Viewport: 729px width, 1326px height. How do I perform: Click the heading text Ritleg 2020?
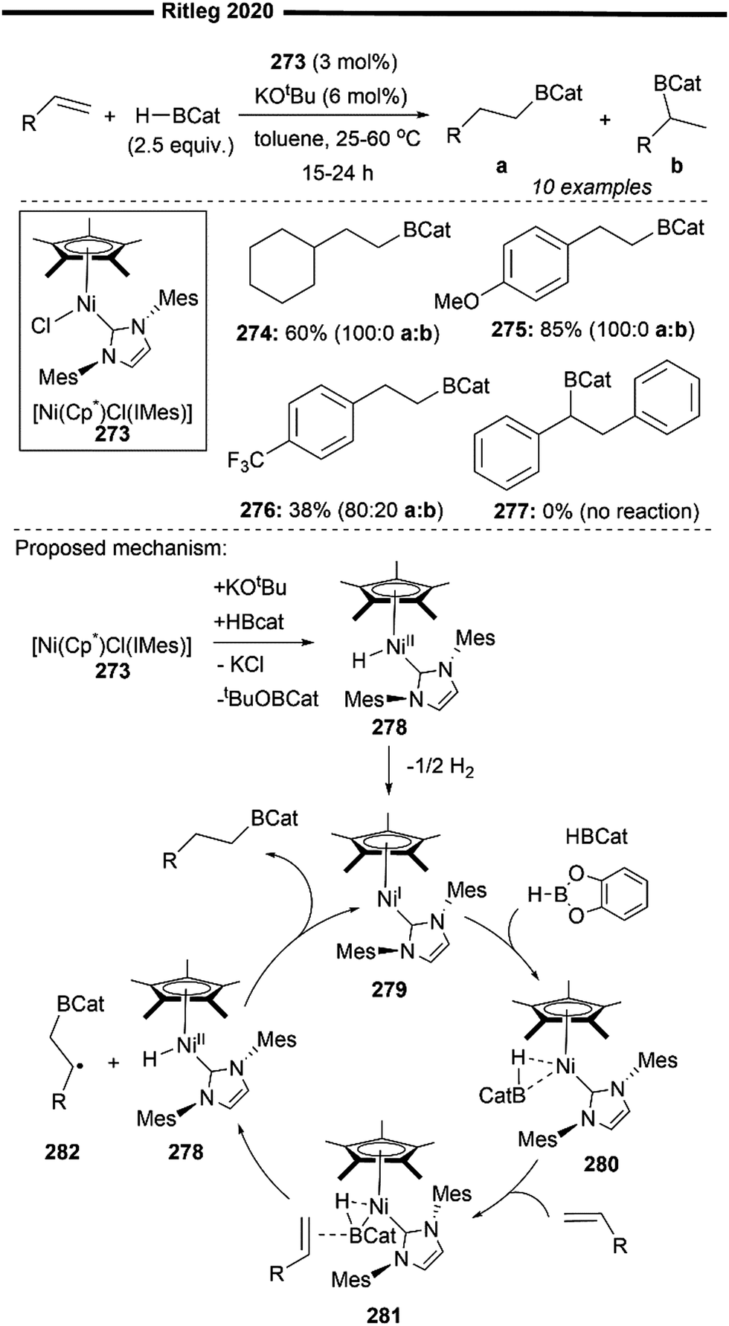pyautogui.click(x=217, y=11)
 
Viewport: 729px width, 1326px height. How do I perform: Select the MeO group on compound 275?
pyautogui.click(x=456, y=300)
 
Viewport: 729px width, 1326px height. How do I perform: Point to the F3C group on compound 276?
pyautogui.click(x=246, y=460)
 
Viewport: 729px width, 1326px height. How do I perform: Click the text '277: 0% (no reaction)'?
pyautogui.click(x=596, y=511)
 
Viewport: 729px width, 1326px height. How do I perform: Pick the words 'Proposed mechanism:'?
pyautogui.click(x=121, y=548)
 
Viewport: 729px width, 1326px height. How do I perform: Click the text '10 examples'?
pyautogui.click(x=591, y=187)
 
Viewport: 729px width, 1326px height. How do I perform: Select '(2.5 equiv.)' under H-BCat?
pyautogui.click(x=180, y=146)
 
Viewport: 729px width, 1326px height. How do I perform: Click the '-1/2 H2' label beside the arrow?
pyautogui.click(x=440, y=767)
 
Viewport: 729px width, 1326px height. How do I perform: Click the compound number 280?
pyautogui.click(x=600, y=1164)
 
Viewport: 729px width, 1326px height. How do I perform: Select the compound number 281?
pyautogui.click(x=384, y=1314)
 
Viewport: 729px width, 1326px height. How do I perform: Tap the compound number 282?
pyautogui.click(x=62, y=1152)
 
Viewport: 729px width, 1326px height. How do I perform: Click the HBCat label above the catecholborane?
pyautogui.click(x=596, y=837)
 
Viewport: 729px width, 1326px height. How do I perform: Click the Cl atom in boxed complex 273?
pyautogui.click(x=41, y=325)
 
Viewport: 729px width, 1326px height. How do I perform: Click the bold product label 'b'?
pyautogui.click(x=676, y=165)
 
